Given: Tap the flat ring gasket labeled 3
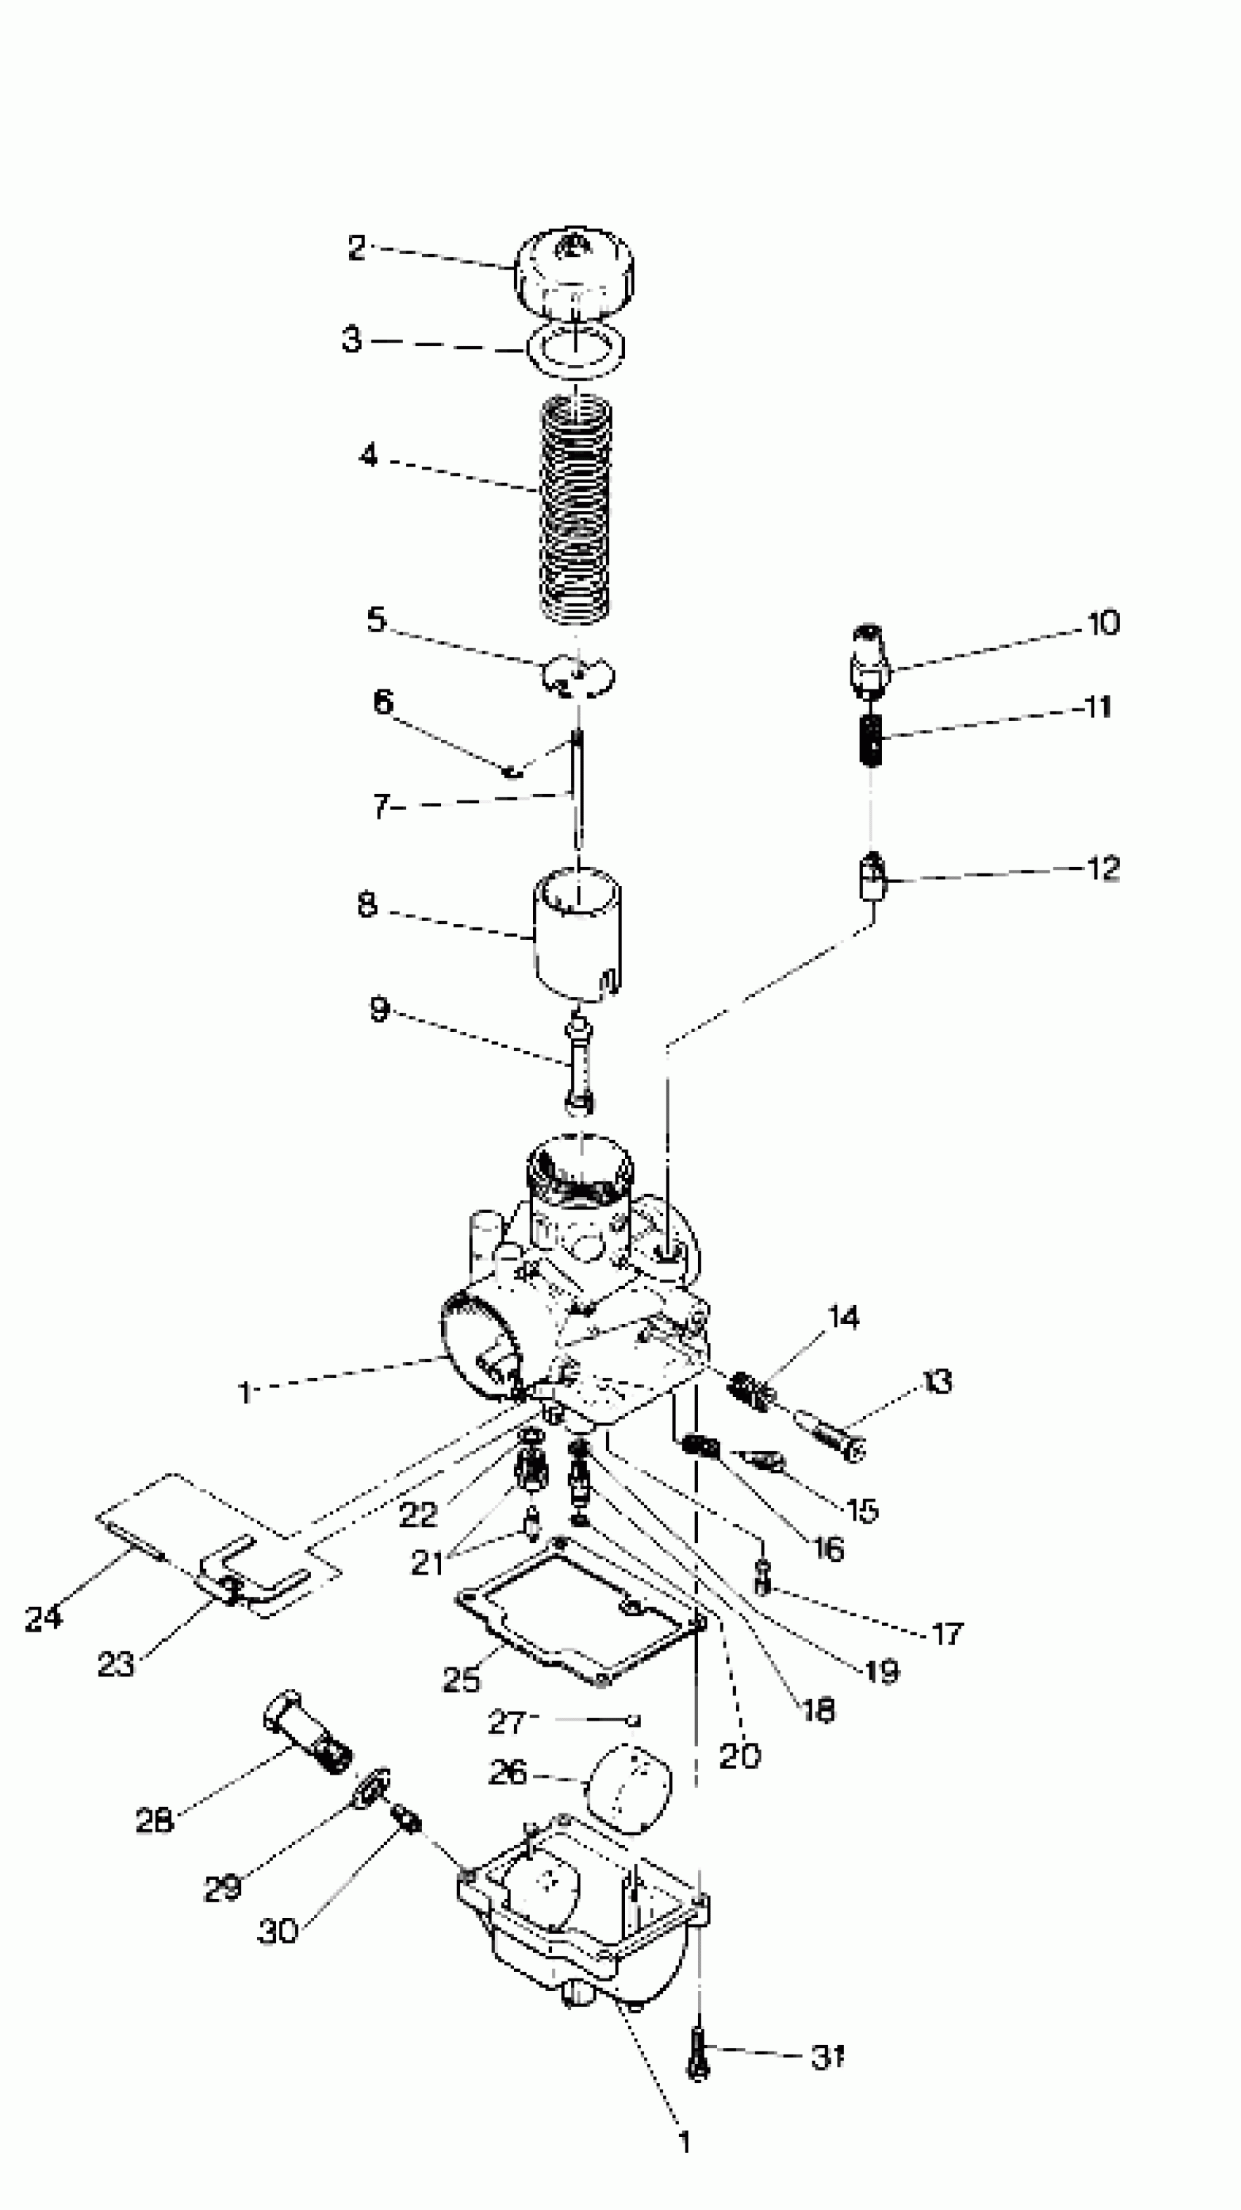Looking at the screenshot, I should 575,348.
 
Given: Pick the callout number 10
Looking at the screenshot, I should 1103,623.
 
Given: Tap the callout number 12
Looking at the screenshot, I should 1103,868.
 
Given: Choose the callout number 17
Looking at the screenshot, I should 947,1634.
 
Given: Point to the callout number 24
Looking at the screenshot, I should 43,1618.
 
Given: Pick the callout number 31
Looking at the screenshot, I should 827,2057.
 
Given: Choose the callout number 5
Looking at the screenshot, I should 377,619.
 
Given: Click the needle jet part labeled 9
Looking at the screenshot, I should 580,1064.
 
